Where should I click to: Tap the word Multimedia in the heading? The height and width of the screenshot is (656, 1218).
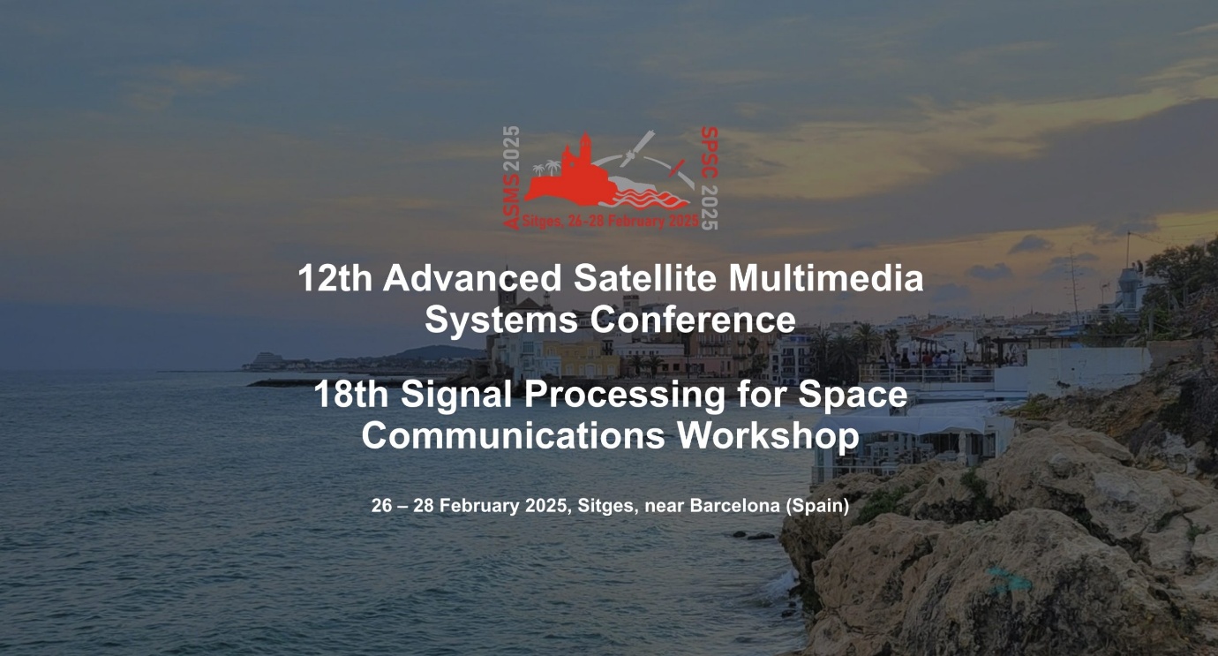826,278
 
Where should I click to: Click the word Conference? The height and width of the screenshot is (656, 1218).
693,320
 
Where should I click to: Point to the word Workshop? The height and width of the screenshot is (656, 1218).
768,435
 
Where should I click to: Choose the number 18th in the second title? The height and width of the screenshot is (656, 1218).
350,394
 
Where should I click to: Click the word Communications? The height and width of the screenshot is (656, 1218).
514,435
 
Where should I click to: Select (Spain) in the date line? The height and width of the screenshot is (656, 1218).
817,506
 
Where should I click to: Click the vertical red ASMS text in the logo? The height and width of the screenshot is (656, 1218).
511,202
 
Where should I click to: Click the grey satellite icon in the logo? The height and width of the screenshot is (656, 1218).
636,148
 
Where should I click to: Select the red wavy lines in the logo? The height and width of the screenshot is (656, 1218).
644,199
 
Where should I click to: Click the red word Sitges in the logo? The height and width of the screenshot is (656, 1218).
540,222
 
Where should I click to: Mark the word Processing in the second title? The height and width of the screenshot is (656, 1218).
624,395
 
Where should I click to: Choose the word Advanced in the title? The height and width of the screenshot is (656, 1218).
472,278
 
